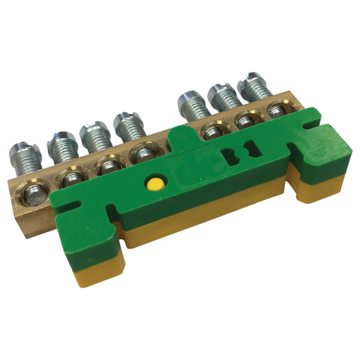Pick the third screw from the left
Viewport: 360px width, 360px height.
[x=94, y=134]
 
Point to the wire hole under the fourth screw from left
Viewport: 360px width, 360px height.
[x=144, y=153]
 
